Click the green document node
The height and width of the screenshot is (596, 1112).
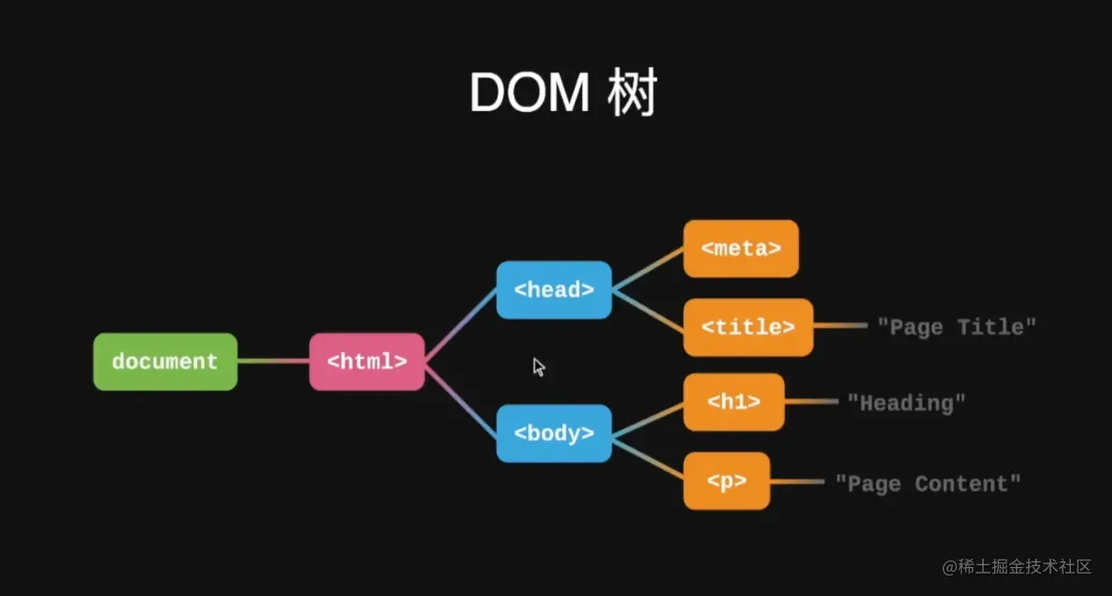[165, 362]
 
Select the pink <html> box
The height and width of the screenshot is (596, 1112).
[367, 362]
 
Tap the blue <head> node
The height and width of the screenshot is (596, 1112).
[554, 290]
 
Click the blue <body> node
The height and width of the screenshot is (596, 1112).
[554, 433]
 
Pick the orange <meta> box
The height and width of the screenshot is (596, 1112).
[741, 248]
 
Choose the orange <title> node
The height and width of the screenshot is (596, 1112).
[748, 327]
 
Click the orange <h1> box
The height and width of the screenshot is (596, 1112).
[734, 403]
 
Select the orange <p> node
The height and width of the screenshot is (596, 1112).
[726, 481]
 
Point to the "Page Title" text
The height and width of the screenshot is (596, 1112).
[956, 327]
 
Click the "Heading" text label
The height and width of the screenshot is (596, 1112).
[905, 403]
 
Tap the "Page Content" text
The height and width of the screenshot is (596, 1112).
[927, 483]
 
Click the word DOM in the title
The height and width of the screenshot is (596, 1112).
[529, 93]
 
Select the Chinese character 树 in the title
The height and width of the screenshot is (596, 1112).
[633, 93]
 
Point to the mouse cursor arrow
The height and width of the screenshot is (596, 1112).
[538, 367]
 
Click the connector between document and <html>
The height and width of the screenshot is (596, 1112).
[273, 362]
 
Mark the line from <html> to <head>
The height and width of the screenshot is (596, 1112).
[461, 324]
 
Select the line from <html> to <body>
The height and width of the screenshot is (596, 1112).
[461, 399]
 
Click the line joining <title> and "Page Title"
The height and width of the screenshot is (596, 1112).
[840, 327]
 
